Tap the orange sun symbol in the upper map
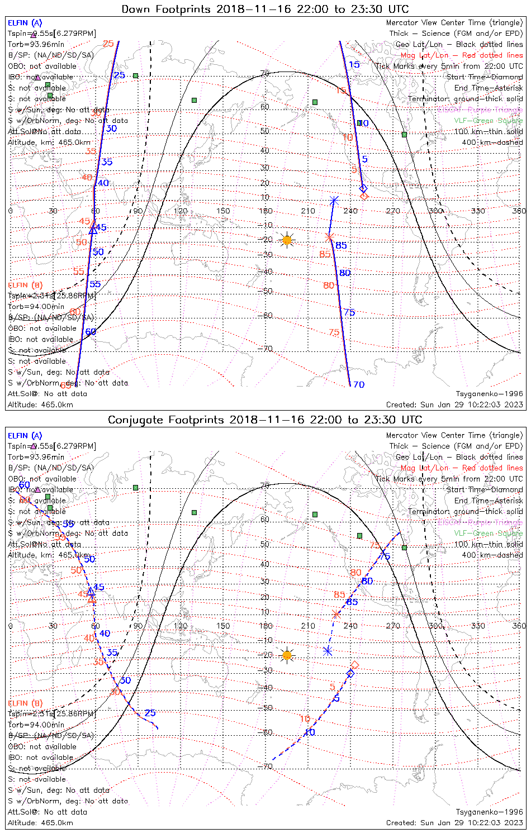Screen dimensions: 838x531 tap(287, 240)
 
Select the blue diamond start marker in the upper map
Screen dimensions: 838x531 tap(363, 188)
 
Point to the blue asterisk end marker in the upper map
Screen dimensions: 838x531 tap(334, 201)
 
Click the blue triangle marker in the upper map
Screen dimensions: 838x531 tap(93, 230)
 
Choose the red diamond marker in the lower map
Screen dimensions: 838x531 tap(354, 665)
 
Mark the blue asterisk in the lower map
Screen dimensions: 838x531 tap(328, 651)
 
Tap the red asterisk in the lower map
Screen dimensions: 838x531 tap(336, 615)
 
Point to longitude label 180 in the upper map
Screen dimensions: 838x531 tap(265, 211)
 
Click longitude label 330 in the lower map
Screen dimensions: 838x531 tap(478, 626)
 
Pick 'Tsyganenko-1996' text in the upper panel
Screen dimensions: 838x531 tap(489, 394)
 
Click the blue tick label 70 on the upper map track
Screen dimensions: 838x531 tap(359, 385)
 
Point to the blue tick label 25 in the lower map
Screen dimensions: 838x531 tap(150, 713)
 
